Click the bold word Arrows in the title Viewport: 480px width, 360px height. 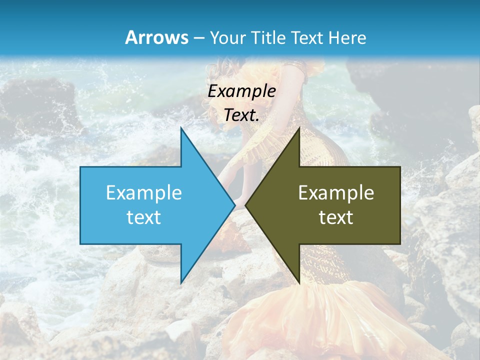(157, 37)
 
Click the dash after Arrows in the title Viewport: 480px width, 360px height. (198, 38)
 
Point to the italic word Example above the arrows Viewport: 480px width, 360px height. (242, 91)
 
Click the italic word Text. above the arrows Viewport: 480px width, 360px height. (242, 115)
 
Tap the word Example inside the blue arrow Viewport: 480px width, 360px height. (144, 192)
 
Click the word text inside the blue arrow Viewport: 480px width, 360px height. (144, 217)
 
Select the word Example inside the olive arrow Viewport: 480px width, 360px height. (336, 192)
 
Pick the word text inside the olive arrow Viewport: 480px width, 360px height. (336, 217)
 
